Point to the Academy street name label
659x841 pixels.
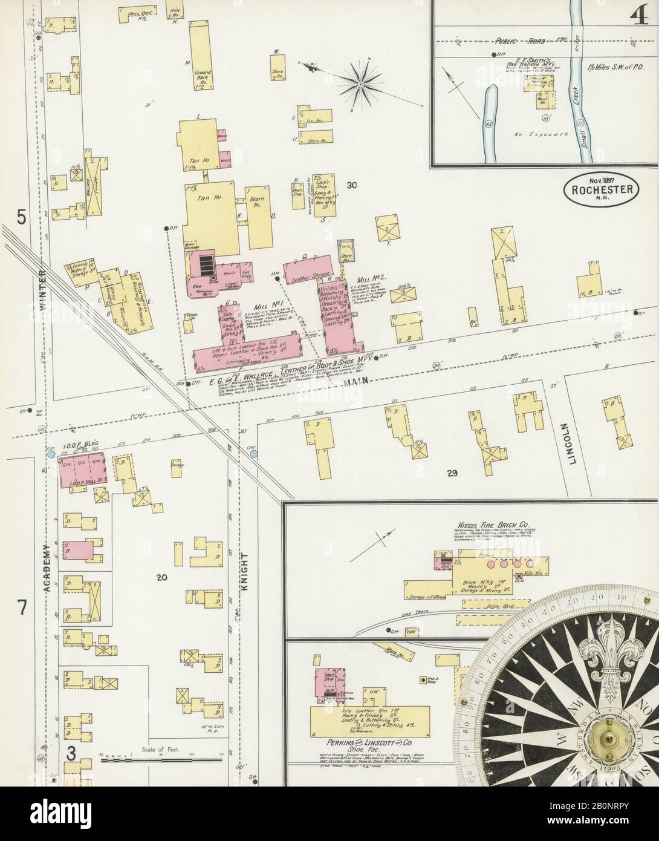(45, 566)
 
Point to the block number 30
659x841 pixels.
(353, 185)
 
